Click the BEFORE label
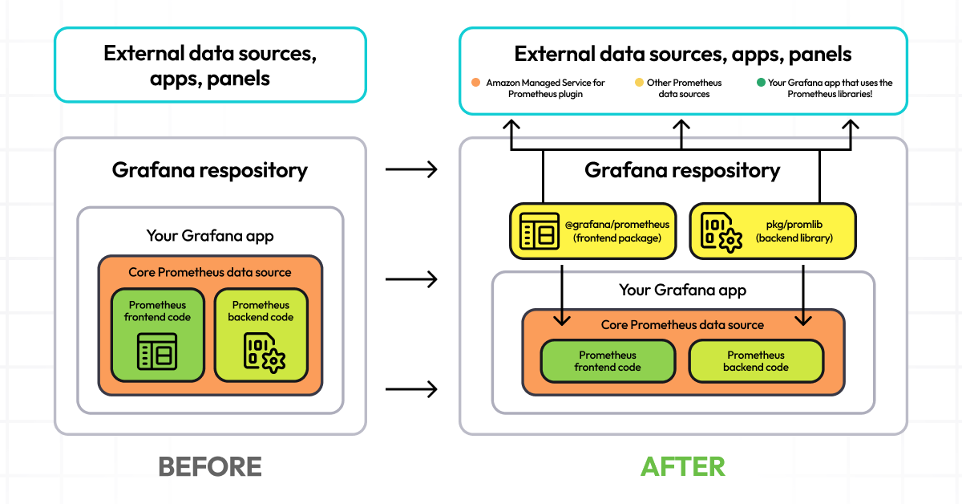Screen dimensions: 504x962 click(210, 466)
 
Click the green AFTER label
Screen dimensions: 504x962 click(683, 466)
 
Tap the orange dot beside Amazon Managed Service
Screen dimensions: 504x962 click(475, 83)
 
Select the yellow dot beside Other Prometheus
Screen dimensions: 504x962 click(639, 83)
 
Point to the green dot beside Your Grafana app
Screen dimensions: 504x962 click(760, 83)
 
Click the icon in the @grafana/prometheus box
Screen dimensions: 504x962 click(539, 231)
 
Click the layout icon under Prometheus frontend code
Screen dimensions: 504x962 click(157, 353)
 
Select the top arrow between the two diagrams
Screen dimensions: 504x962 click(411, 169)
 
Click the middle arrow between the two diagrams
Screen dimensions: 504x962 click(411, 279)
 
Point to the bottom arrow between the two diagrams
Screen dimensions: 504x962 click(411, 389)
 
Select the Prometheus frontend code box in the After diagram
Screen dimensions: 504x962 click(608, 361)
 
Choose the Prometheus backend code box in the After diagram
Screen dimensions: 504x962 click(756, 361)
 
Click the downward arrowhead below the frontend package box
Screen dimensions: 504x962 click(562, 319)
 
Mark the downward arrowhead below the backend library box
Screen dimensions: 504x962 click(803, 319)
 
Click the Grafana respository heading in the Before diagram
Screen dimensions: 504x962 click(210, 170)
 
